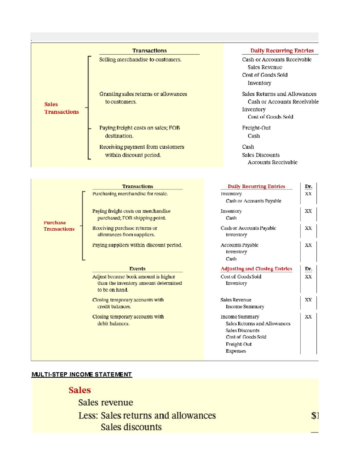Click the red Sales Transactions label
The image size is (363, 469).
click(61, 108)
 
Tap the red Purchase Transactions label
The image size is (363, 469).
click(59, 226)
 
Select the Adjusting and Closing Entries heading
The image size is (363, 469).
click(256, 269)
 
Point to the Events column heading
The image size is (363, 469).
click(137, 269)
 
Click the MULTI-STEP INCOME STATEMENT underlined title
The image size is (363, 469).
click(82, 374)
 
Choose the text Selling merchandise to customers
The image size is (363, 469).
click(140, 59)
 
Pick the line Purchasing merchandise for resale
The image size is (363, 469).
click(130, 194)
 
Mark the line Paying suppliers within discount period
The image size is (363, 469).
click(137, 245)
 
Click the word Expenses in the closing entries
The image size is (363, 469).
click(236, 351)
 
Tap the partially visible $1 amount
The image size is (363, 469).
click(315, 416)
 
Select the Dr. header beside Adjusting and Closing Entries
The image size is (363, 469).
click(308, 269)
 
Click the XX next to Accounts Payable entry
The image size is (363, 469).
click(308, 245)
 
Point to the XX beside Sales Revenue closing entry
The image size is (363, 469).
click(308, 300)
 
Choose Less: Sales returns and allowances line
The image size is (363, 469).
click(147, 416)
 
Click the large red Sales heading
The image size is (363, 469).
click(80, 390)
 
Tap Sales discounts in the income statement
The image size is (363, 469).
click(131, 427)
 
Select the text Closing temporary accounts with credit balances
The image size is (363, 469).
click(128, 303)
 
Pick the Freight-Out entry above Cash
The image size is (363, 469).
click(256, 128)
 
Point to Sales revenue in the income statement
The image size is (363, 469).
click(106, 403)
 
